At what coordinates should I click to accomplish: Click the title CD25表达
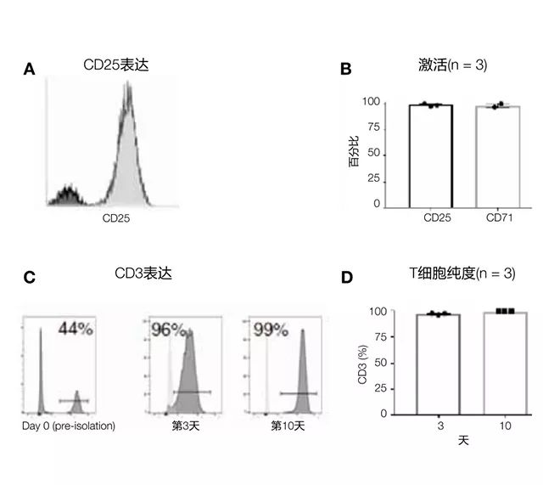(x=116, y=65)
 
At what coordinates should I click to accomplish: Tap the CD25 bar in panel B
(x=431, y=155)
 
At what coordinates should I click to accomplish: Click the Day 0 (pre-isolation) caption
(x=69, y=425)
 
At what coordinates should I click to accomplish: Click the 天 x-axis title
(x=463, y=442)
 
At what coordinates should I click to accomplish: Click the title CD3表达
(x=148, y=274)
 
